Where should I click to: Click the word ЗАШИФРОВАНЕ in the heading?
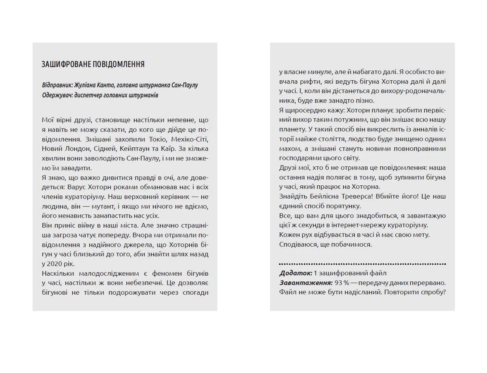(66, 64)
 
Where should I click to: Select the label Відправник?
(58, 86)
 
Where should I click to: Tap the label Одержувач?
(58, 95)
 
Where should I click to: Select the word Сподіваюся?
(298, 244)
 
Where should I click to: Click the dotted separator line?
(362, 263)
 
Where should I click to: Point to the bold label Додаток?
(296, 273)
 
